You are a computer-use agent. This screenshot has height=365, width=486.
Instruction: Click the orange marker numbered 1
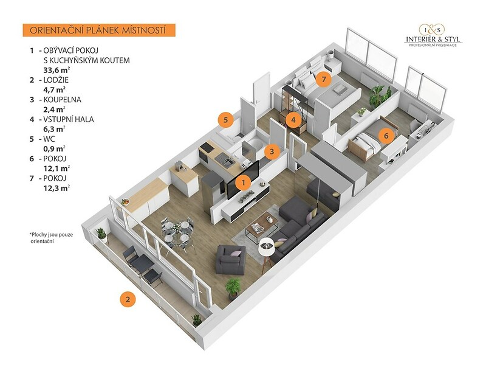[244, 182]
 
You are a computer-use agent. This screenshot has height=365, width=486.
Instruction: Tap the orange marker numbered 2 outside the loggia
[128, 299]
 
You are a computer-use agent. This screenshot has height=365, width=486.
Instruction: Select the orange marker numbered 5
[226, 120]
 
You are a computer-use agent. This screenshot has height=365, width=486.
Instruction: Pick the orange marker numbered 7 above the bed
[324, 79]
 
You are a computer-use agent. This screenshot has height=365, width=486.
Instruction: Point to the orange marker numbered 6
[386, 135]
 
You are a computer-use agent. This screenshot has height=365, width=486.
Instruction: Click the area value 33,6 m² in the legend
[56, 70]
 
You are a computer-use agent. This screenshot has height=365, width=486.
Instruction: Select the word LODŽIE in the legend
[56, 80]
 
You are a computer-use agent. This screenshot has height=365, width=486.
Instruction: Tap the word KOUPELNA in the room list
[63, 100]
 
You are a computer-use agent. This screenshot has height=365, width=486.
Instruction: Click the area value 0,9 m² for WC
[55, 148]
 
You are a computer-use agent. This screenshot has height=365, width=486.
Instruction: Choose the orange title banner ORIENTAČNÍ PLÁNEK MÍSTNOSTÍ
[99, 30]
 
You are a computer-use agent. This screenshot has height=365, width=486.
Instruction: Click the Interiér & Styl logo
[433, 35]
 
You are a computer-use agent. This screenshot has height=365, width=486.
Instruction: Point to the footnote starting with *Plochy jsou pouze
[51, 238]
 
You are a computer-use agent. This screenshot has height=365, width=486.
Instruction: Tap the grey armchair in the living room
[231, 259]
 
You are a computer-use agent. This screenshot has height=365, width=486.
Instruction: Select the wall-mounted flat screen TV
[243, 180]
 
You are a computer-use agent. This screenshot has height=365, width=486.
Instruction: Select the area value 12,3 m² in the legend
[56, 188]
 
